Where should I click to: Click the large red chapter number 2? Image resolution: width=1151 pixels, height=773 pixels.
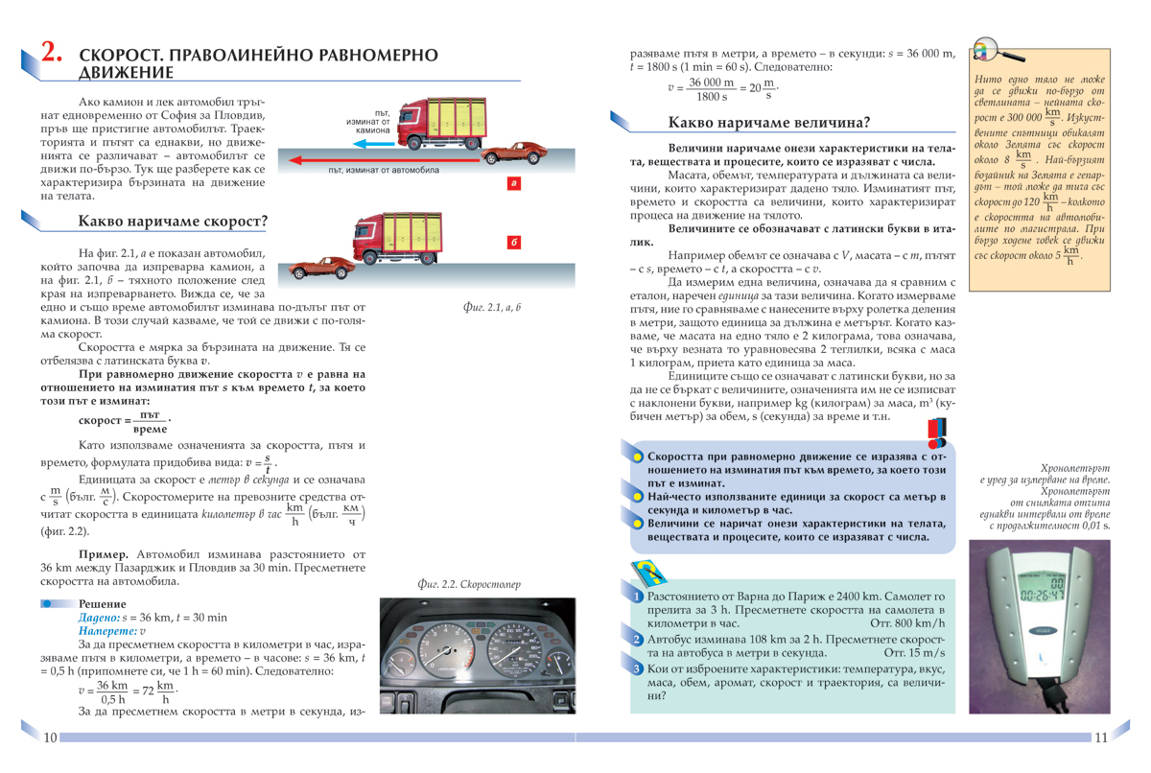[x=51, y=54]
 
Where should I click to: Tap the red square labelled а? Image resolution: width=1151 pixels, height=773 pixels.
[x=514, y=182]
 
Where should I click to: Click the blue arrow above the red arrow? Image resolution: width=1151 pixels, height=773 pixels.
[x=373, y=146]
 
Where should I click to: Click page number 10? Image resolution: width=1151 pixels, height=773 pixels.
[x=51, y=737]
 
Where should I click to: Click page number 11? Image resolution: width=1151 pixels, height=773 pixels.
[x=1100, y=737]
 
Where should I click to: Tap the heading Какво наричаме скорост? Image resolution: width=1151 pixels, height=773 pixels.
[x=173, y=223]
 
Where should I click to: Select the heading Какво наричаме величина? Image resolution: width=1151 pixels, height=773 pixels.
[x=769, y=123]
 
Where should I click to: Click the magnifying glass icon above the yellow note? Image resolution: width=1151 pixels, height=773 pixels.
[x=986, y=50]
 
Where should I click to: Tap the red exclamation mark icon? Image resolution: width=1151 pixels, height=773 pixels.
[x=938, y=432]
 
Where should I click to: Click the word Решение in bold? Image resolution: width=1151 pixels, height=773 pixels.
[x=101, y=603]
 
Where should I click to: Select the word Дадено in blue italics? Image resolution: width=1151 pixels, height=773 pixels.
[x=99, y=618]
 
